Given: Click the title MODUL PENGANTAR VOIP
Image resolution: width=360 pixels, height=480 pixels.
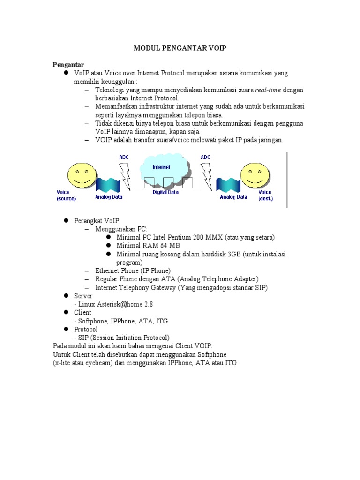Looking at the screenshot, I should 180,49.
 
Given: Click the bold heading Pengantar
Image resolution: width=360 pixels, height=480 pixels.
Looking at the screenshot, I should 68,64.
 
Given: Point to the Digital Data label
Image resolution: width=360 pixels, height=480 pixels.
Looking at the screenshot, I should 165,192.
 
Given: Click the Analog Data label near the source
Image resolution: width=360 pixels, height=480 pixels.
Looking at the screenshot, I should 109,197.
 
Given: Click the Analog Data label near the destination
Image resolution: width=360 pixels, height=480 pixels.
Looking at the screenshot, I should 233,197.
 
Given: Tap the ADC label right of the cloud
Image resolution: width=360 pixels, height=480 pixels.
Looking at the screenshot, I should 206,157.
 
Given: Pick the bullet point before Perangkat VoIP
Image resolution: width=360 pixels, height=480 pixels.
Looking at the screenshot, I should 67,220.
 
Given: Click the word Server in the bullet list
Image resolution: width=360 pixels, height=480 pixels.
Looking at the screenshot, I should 83,296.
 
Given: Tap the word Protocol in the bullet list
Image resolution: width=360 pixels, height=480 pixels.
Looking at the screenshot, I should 86,330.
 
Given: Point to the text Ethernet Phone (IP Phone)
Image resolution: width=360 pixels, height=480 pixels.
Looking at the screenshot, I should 133,271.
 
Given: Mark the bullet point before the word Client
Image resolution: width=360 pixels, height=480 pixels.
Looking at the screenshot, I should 67,313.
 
